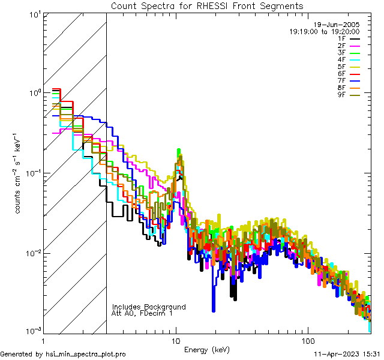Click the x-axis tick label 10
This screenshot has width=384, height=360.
pyautogui.click(x=176, y=340)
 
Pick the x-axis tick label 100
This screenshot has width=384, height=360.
pyautogui.click(x=307, y=340)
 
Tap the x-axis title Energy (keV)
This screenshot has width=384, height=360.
pyautogui.click(x=206, y=349)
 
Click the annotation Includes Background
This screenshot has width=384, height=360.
pyautogui.click(x=149, y=307)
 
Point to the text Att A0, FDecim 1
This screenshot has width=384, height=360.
pyautogui.click(x=142, y=313)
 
